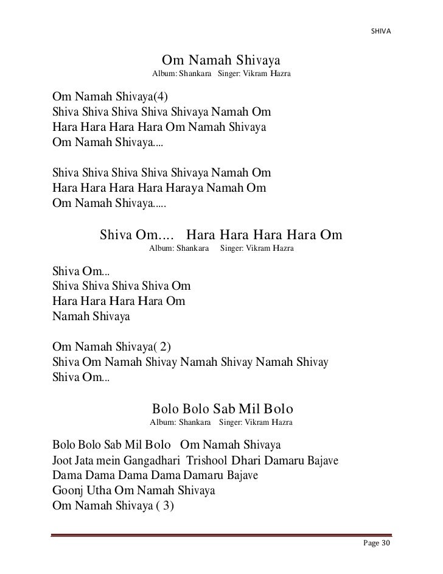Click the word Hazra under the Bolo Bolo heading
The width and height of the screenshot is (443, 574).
281,421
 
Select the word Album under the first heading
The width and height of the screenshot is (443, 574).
162,74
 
